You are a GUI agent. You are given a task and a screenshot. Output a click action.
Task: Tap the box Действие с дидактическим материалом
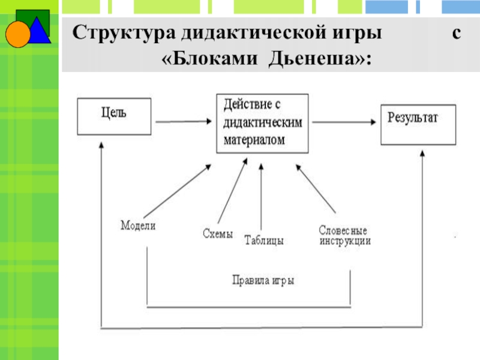(x=262, y=123)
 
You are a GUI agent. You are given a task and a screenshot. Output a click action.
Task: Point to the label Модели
(x=138, y=226)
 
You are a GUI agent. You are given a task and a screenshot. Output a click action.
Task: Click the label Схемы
(x=217, y=235)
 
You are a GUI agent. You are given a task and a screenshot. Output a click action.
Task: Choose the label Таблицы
(x=264, y=241)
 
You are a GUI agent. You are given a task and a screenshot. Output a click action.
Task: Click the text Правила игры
(x=263, y=280)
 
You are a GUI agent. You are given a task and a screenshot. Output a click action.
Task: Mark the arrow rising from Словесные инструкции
(x=318, y=193)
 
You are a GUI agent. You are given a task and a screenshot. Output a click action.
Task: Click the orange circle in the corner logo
(x=17, y=34)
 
